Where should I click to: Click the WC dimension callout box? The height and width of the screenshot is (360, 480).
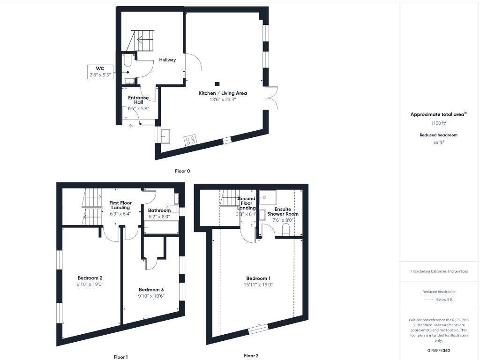[100, 72]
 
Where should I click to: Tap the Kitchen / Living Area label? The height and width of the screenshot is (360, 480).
[223, 93]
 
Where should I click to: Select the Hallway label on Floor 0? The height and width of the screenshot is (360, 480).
[167, 60]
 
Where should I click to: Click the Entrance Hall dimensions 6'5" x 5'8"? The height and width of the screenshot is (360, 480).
[138, 108]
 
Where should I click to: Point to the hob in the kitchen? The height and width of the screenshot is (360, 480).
[190, 140]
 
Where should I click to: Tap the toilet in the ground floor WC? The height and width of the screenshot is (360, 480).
[128, 61]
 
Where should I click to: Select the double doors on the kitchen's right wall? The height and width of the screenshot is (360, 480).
[271, 99]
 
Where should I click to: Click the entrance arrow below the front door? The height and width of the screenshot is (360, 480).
[131, 125]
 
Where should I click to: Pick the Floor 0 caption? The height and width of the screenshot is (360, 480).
[182, 171]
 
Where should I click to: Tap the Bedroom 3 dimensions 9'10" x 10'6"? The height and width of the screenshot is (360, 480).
[151, 296]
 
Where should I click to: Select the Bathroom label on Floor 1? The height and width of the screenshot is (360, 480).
[159, 210]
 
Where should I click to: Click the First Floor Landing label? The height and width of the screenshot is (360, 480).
[120, 205]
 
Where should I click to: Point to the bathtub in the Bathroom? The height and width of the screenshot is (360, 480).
[161, 228]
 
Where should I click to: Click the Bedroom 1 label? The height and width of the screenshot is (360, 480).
[258, 278]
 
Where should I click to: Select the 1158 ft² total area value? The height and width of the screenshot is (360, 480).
[438, 123]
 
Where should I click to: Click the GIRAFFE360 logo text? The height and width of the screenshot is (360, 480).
[438, 350]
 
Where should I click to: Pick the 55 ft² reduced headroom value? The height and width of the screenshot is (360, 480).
[438, 142]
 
